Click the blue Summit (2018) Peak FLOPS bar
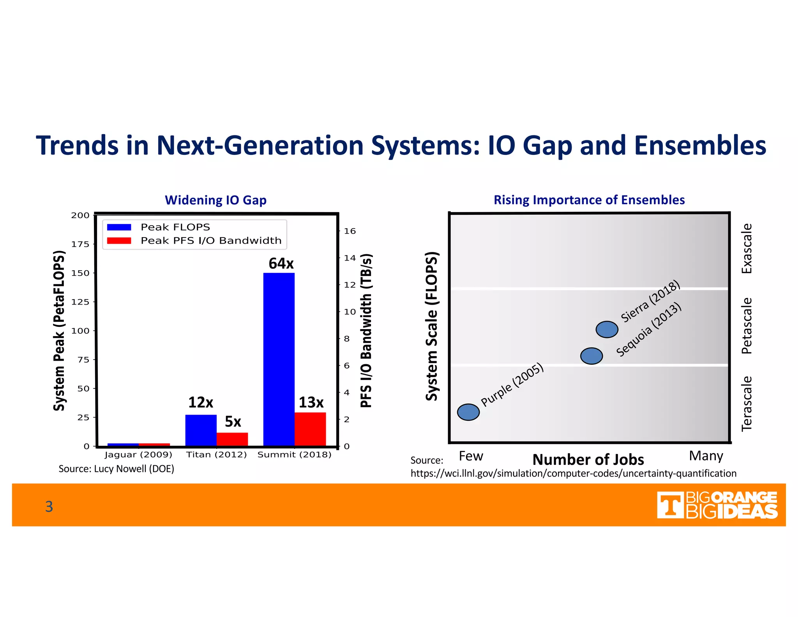279,359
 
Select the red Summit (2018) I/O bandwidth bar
310,429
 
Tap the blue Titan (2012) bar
201,430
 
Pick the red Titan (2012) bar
232,439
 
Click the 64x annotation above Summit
281,264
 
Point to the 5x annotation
233,422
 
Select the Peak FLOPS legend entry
175,227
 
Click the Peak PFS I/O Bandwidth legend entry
210,241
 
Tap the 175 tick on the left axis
80,244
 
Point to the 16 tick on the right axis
350,231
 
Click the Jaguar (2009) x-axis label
138,455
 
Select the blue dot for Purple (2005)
468,412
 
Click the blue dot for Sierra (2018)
607,330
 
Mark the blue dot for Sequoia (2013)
591,356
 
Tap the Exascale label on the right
747,248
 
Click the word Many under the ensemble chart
706,456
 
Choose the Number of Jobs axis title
588,459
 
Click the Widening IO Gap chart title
215,200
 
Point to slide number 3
49,506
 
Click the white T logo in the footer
670,505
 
